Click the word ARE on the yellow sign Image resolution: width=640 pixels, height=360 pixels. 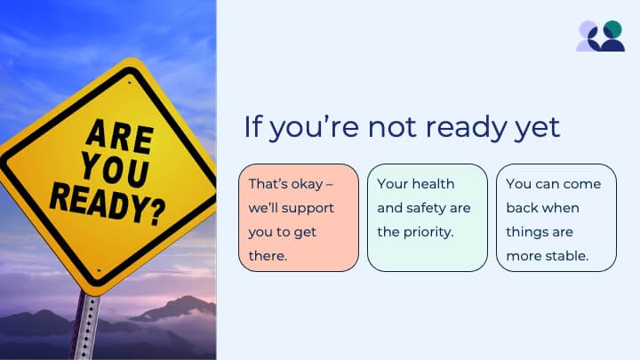point(120,136)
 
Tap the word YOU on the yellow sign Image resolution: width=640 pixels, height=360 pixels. point(115,170)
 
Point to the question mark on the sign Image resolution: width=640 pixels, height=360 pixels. point(157,212)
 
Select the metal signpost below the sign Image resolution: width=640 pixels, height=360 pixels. point(86,325)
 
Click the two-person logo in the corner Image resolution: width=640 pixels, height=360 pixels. point(600,36)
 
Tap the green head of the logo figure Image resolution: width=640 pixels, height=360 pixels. point(612,29)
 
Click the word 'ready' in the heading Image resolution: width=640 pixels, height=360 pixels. point(466,127)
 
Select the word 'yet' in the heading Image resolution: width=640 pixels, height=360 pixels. point(537,128)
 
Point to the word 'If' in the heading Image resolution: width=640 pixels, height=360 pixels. point(252,126)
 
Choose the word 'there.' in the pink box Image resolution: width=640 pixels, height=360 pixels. point(268,256)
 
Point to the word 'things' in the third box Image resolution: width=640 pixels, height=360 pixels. point(527,232)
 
